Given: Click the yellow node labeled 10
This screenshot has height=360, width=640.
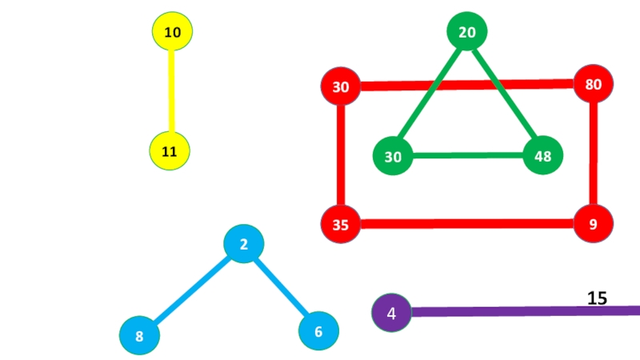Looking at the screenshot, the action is [x=172, y=32].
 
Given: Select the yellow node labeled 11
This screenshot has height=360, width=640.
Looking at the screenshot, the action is [x=170, y=151].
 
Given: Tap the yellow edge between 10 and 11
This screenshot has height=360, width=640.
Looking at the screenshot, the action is [x=171, y=91].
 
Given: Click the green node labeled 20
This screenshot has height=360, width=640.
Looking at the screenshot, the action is [x=467, y=32].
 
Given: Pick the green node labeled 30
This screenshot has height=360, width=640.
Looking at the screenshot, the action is [x=393, y=157].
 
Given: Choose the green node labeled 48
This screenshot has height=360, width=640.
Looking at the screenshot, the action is [x=543, y=156].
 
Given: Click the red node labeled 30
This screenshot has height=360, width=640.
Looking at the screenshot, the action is [x=341, y=86].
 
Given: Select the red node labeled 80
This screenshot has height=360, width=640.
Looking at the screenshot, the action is [x=594, y=84].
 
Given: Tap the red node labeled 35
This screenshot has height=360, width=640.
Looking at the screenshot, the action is [x=341, y=224].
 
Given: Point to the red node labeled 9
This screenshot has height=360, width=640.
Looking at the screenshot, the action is [x=594, y=224].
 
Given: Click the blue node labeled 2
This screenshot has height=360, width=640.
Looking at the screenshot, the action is [x=244, y=245].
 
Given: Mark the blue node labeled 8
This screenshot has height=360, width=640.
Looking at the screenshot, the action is [x=139, y=336].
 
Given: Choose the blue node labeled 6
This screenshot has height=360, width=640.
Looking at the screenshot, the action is [x=318, y=331].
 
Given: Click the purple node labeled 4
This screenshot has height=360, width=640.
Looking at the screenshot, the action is [x=391, y=313].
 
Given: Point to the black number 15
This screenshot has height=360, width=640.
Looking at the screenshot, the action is [x=597, y=298].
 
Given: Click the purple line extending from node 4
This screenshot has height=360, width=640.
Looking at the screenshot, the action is [x=520, y=311].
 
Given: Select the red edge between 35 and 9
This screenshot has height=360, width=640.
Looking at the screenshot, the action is [x=467, y=224].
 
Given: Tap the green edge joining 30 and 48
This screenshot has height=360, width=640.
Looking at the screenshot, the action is [x=468, y=156].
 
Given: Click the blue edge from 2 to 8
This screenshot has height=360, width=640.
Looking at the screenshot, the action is [x=192, y=290].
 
